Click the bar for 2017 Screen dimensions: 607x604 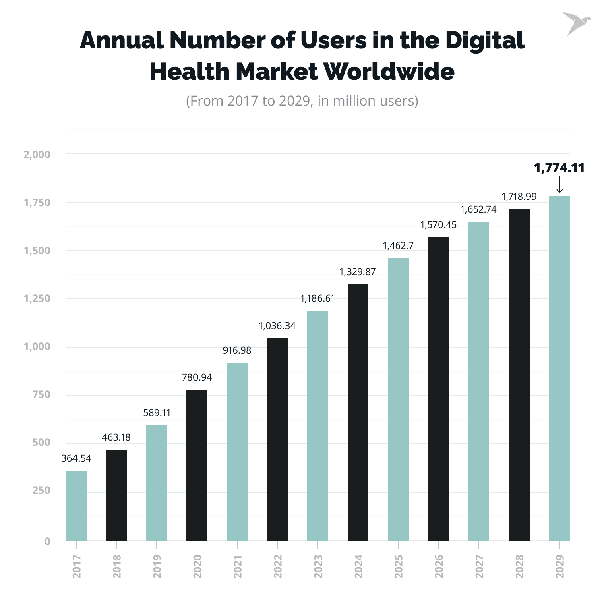click(76, 505)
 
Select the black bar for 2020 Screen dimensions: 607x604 click(197, 465)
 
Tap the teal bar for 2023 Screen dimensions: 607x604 click(318, 426)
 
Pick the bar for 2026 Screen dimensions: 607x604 click(439, 389)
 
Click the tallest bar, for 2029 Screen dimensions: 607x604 click(559, 368)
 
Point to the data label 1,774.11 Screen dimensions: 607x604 click(559, 168)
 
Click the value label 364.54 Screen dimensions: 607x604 click(76, 458)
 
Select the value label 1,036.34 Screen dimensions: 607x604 click(277, 326)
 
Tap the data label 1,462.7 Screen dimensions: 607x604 click(398, 246)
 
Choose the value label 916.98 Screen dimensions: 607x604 click(237, 350)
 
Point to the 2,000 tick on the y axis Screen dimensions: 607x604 click(37, 155)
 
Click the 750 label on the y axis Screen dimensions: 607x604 click(41, 395)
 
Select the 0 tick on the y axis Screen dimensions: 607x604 click(48, 541)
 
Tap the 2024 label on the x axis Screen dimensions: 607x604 click(358, 566)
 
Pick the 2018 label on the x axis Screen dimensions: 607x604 click(117, 566)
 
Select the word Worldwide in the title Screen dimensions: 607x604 click(389, 72)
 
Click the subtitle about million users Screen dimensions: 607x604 click(302, 101)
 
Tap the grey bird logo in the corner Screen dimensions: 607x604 click(576, 23)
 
